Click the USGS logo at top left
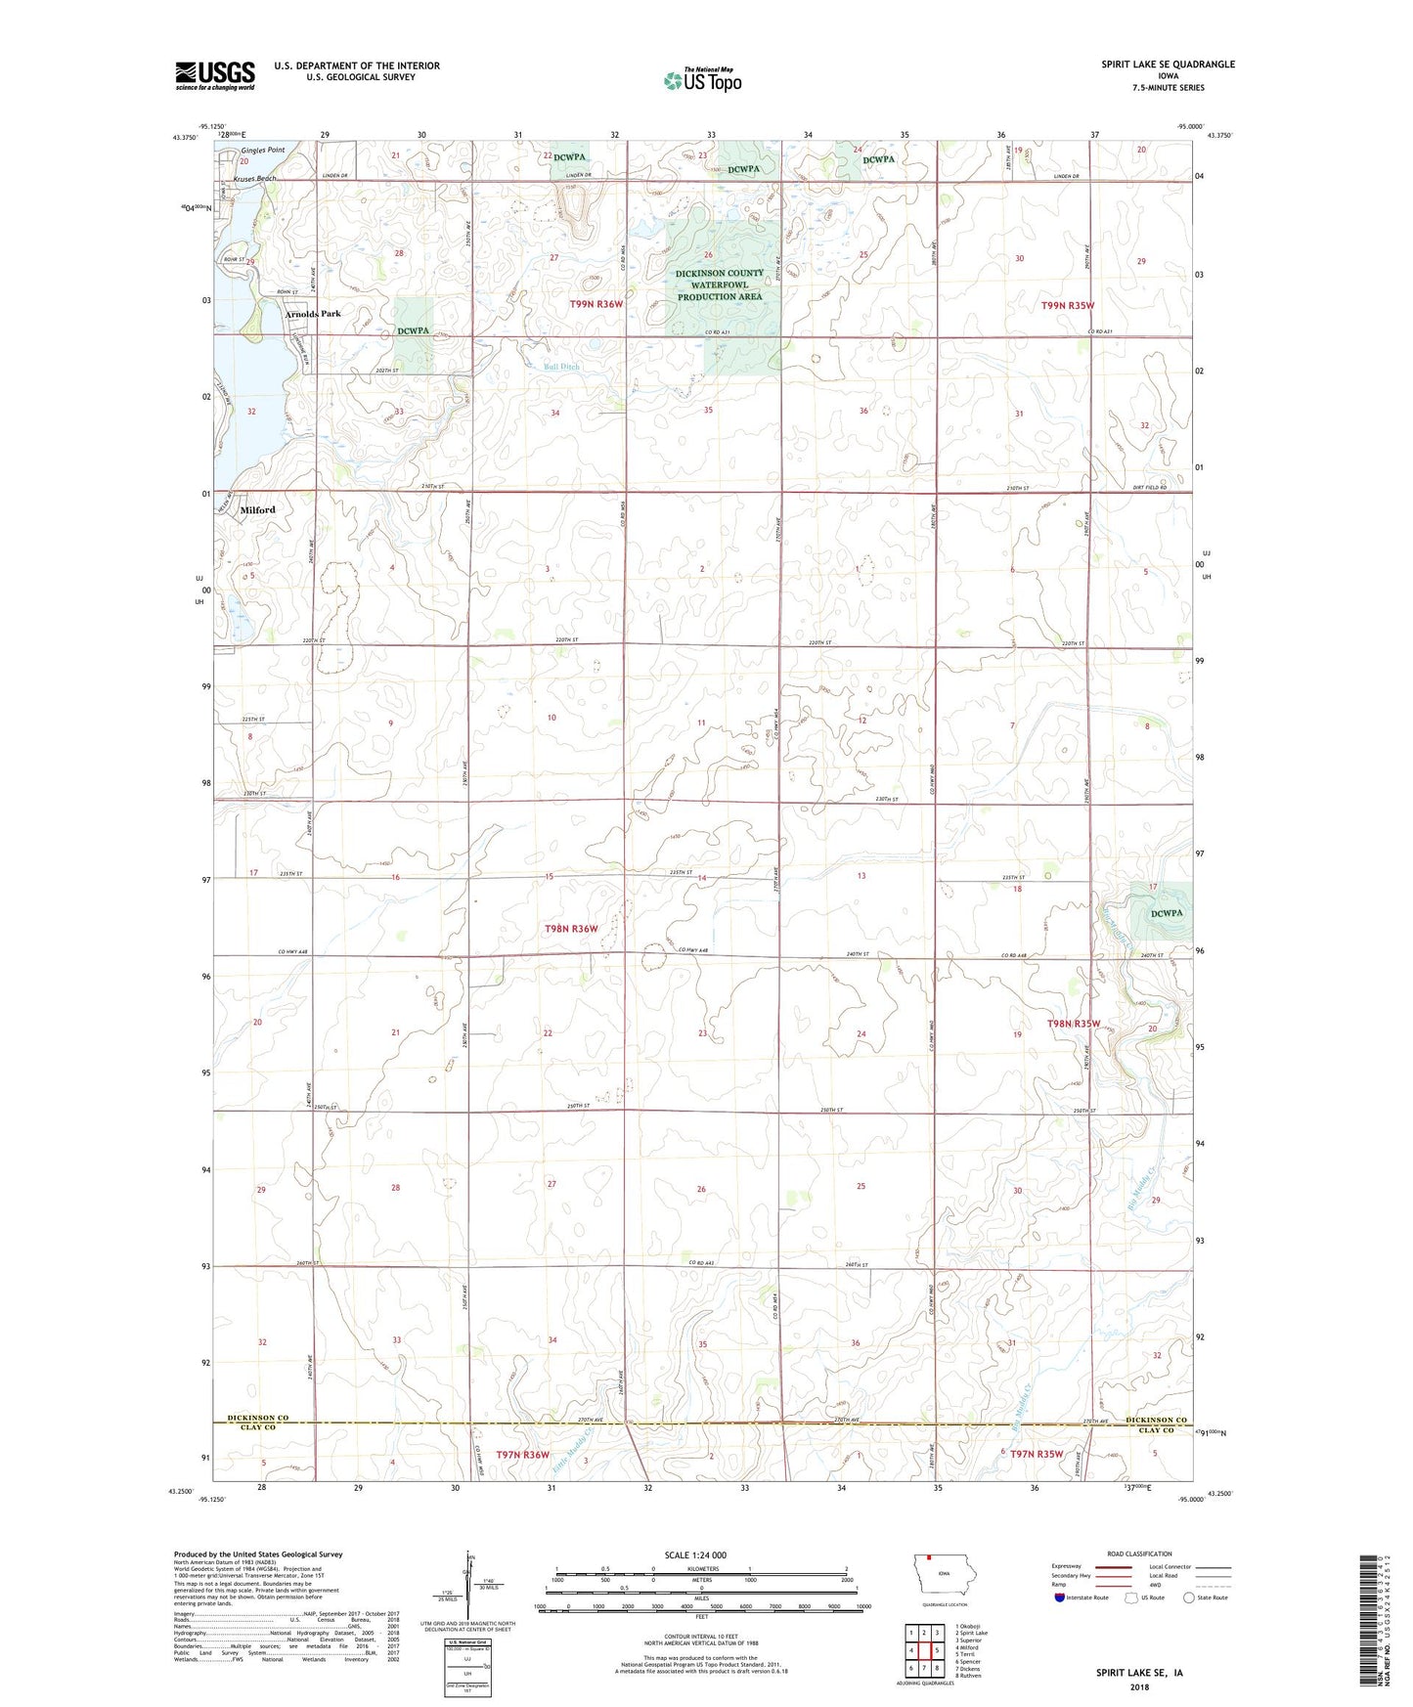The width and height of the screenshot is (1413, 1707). (214, 75)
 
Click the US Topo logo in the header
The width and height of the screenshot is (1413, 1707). (702, 80)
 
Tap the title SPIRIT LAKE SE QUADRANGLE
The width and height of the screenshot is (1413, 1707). (1168, 65)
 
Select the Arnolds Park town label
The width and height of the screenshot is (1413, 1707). (313, 314)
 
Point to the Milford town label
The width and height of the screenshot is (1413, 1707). (258, 510)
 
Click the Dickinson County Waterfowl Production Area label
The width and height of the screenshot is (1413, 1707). (719, 284)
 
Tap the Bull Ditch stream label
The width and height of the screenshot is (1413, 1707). (561, 367)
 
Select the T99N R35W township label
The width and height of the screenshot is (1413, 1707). (1067, 305)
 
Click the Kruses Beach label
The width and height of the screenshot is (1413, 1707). (254, 179)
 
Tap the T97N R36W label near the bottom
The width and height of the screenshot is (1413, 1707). (522, 1455)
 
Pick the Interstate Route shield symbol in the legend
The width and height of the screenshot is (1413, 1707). (1060, 1598)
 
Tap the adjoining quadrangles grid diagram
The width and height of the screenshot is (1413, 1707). (923, 1651)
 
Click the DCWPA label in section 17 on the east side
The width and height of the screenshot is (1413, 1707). (1167, 913)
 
